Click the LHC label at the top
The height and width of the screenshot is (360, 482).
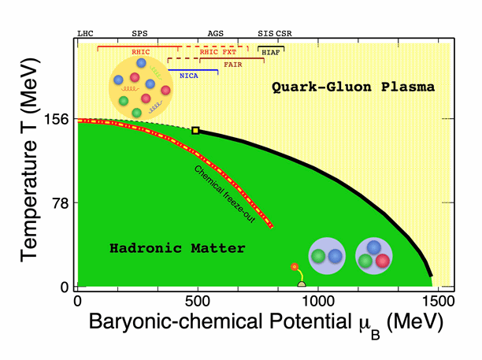(84, 34)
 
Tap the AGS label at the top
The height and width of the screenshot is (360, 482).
(215, 34)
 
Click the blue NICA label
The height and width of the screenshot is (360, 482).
(188, 76)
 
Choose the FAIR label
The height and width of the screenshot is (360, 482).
(232, 64)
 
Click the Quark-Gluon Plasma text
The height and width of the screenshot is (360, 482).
(353, 87)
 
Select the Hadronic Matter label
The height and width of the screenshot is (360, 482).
(178, 248)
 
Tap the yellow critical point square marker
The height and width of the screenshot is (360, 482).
(196, 131)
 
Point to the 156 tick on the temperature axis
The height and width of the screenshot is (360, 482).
(59, 120)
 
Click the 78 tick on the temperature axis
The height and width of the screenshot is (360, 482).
(62, 203)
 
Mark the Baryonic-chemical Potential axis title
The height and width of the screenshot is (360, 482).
(258, 323)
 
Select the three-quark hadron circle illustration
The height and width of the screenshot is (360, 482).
(374, 256)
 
